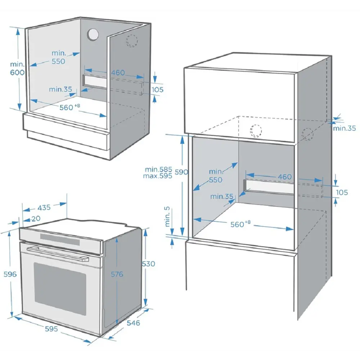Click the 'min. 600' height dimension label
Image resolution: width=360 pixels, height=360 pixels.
coord(17,68)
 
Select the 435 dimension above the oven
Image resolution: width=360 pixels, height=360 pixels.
coord(44,208)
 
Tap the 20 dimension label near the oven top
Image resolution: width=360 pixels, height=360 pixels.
coord(36,219)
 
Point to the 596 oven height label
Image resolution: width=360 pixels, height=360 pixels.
coord(10,274)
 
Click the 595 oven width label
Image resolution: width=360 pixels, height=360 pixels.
coord(51,329)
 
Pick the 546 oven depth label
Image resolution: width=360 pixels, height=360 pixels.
coord(133,323)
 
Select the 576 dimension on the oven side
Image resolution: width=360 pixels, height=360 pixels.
coord(117,274)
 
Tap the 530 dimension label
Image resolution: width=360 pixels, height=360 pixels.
coord(149,264)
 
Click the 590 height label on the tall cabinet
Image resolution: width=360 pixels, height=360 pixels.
coord(181,172)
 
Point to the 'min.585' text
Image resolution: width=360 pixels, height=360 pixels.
coord(158,170)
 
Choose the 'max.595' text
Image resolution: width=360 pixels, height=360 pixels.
coord(158,176)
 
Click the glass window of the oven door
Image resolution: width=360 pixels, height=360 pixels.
coord(60,289)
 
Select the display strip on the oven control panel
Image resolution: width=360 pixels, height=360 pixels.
coord(60,239)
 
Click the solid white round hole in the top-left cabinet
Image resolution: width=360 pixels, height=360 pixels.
coord(93,35)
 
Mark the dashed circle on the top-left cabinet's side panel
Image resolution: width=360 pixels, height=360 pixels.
coord(132,41)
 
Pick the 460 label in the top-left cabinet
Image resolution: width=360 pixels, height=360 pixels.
coord(118,73)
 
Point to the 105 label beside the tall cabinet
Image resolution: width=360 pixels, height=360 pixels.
coord(342,192)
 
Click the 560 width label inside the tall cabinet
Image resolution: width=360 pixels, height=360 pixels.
coord(240,224)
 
